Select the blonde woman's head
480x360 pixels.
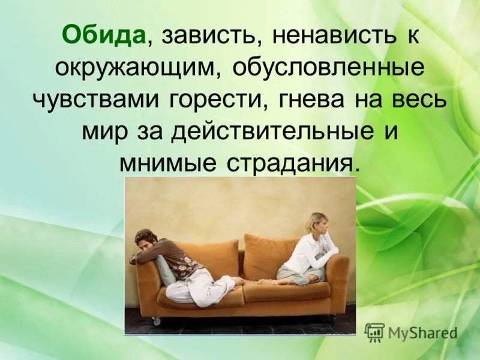[x=316, y=223]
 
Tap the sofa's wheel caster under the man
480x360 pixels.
[x=157, y=322]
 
